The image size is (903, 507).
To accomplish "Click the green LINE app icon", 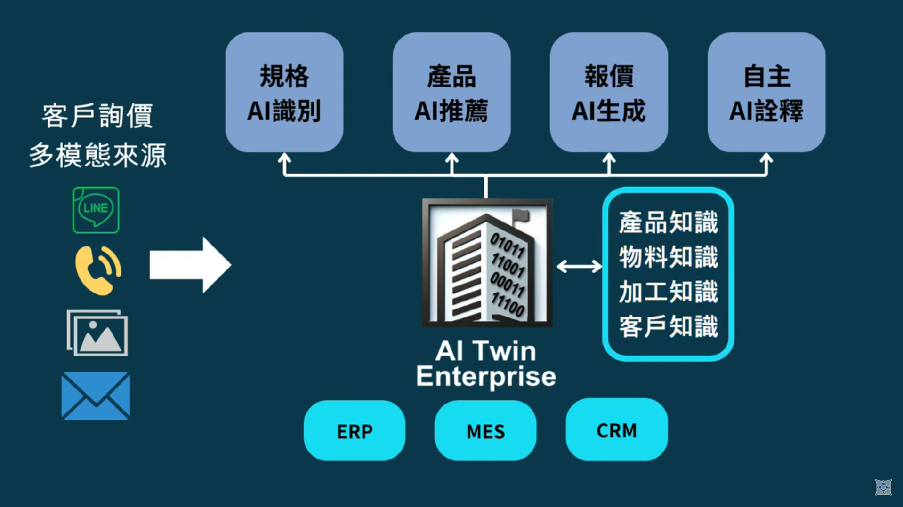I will point(96,210).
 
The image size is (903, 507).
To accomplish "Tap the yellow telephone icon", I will point(98,270).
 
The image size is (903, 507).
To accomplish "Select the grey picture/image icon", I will point(97,333).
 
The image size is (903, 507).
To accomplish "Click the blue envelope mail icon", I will point(96,396).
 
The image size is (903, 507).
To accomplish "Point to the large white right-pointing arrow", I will point(189,265).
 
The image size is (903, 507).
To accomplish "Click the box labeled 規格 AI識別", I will point(284,92).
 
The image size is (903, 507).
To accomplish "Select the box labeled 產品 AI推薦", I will point(451,92).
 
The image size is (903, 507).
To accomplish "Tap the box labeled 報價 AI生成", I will point(608,92).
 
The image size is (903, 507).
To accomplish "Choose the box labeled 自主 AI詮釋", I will point(766,92).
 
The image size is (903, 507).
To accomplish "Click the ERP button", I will point(355,430).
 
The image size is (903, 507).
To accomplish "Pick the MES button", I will point(485,430).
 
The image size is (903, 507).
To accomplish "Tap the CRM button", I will point(616,429).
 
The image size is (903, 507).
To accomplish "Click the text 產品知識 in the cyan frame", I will point(668,222).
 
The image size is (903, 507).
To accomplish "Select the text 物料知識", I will point(668,257).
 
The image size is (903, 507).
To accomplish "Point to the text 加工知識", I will point(668,292).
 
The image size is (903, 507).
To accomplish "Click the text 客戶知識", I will point(668,326).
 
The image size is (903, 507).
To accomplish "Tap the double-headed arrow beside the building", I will point(579,267).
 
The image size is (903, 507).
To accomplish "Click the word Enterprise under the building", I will point(486,377).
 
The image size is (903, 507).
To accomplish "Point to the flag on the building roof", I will point(521,216).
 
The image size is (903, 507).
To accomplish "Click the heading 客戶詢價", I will point(97,116).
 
